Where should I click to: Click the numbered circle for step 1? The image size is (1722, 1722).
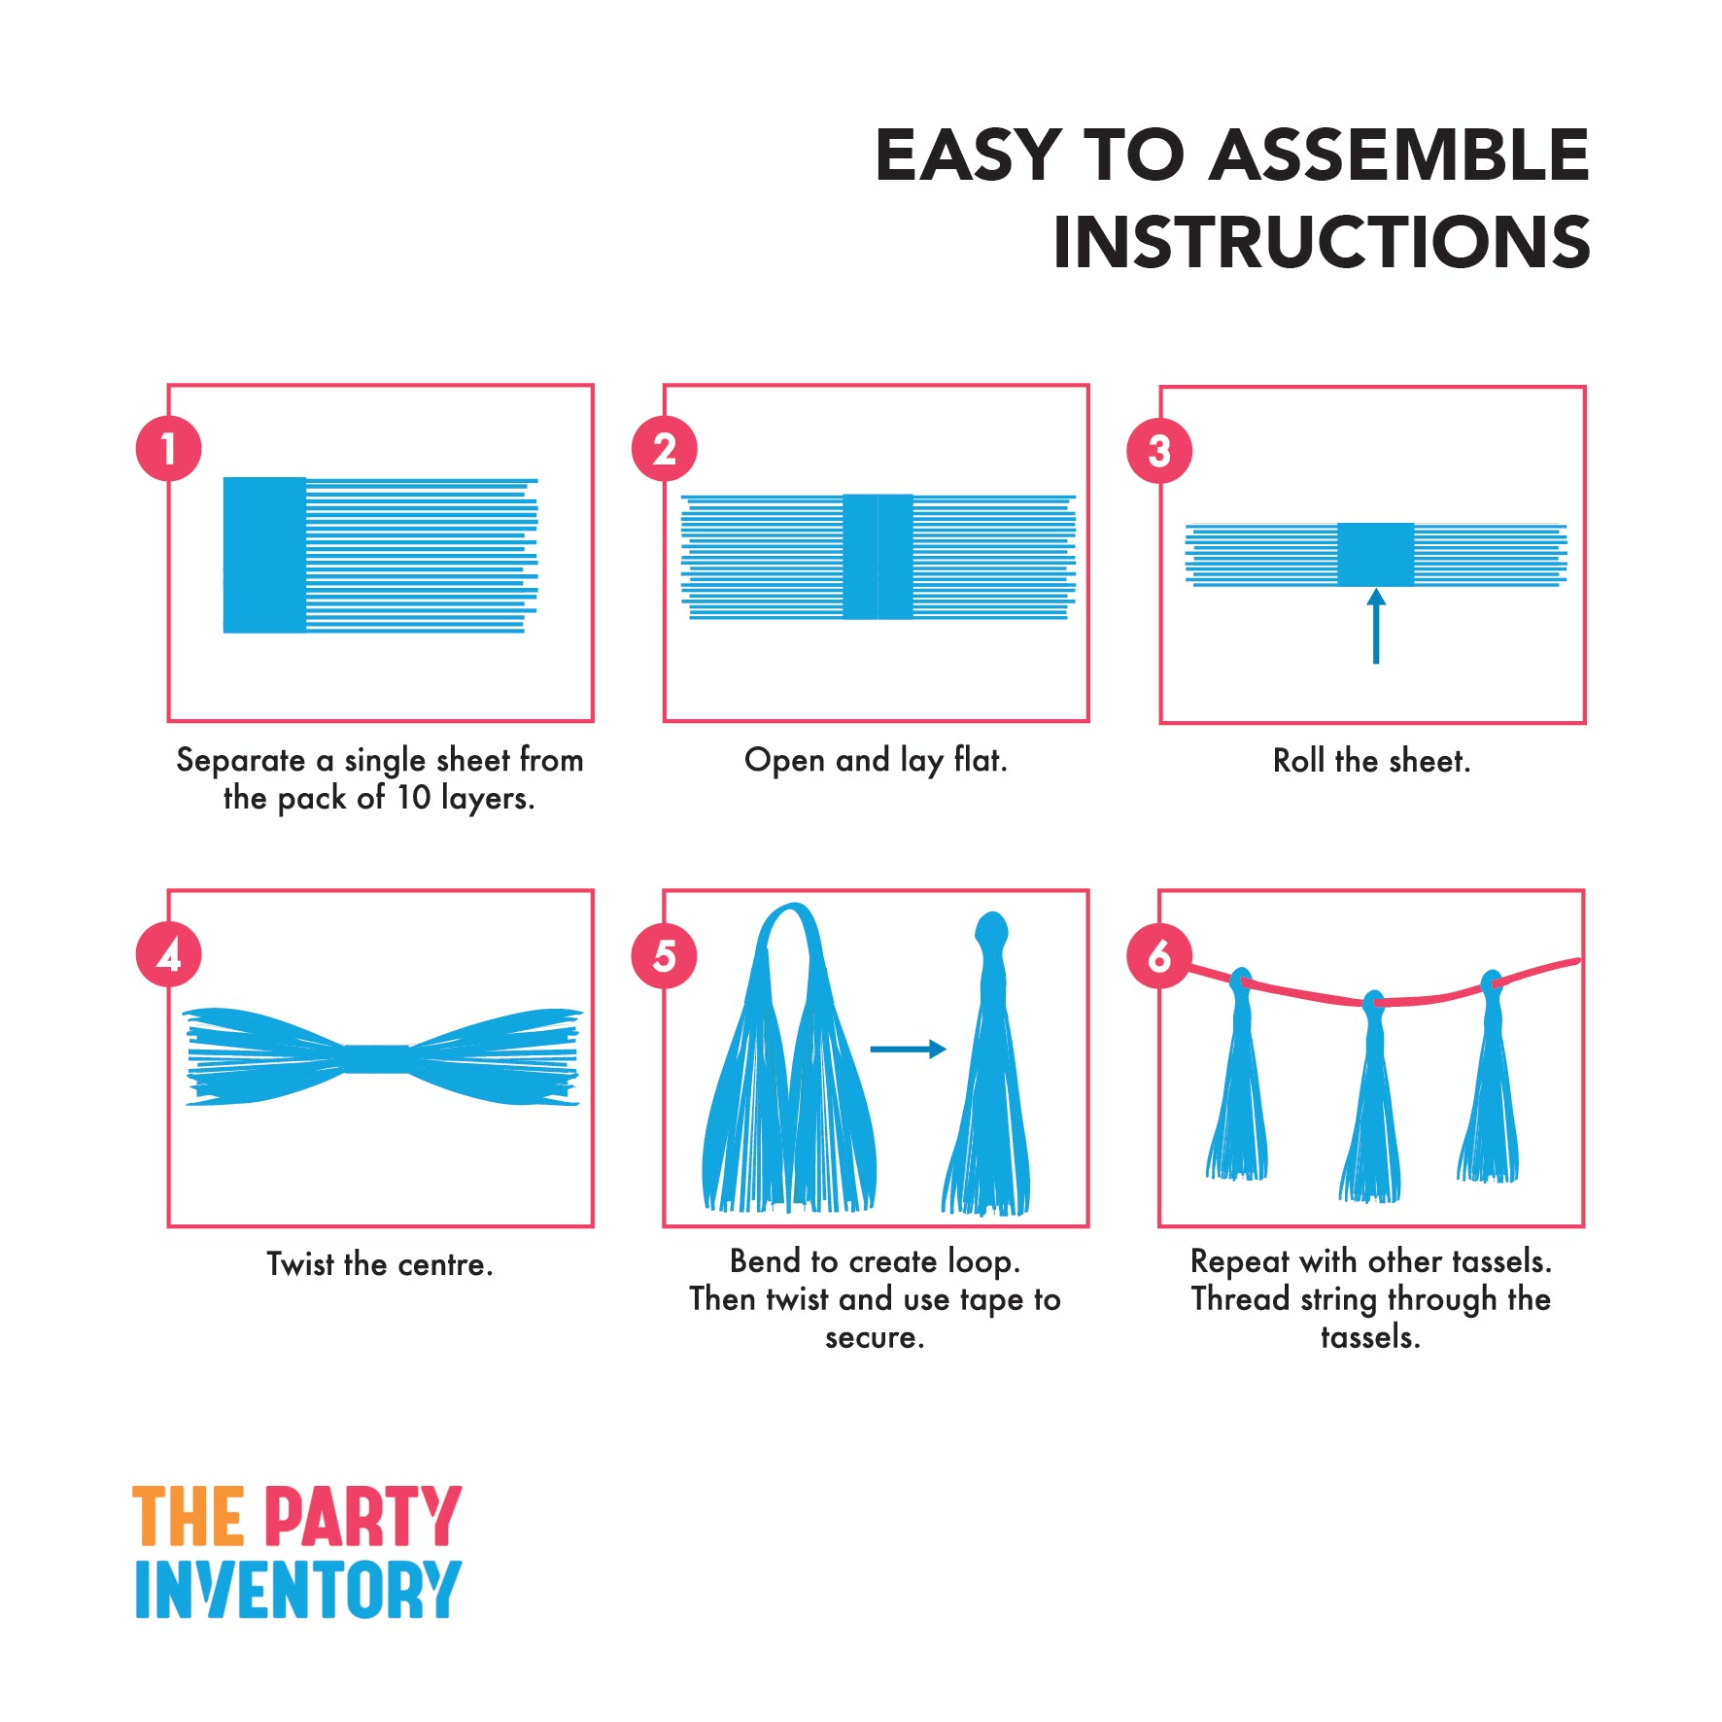[169, 449]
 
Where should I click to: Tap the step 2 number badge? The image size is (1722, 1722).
[665, 449]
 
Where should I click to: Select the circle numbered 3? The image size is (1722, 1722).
[1159, 451]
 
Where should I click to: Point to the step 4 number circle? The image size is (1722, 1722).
[169, 954]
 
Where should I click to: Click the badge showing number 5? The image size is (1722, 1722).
[665, 956]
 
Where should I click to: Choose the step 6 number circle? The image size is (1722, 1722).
[1159, 956]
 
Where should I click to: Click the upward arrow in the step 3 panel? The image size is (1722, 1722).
[1376, 626]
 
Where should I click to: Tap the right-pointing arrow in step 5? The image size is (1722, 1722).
[908, 1049]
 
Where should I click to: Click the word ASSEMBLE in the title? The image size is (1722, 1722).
[1399, 155]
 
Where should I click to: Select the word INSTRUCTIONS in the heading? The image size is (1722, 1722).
[1322, 241]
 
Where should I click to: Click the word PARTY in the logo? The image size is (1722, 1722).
[362, 1516]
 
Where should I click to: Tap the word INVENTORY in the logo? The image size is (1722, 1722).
[297, 1590]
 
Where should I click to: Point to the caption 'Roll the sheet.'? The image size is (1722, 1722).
[1371, 761]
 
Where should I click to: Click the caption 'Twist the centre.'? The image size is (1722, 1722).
[380, 1264]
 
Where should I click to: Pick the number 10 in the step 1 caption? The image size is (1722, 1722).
[413, 798]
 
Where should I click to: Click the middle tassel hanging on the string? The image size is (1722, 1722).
[1371, 1098]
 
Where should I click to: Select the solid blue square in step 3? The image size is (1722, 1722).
[1375, 554]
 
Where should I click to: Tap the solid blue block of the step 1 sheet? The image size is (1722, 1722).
[264, 555]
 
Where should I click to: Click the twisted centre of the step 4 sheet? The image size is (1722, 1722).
[376, 1059]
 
